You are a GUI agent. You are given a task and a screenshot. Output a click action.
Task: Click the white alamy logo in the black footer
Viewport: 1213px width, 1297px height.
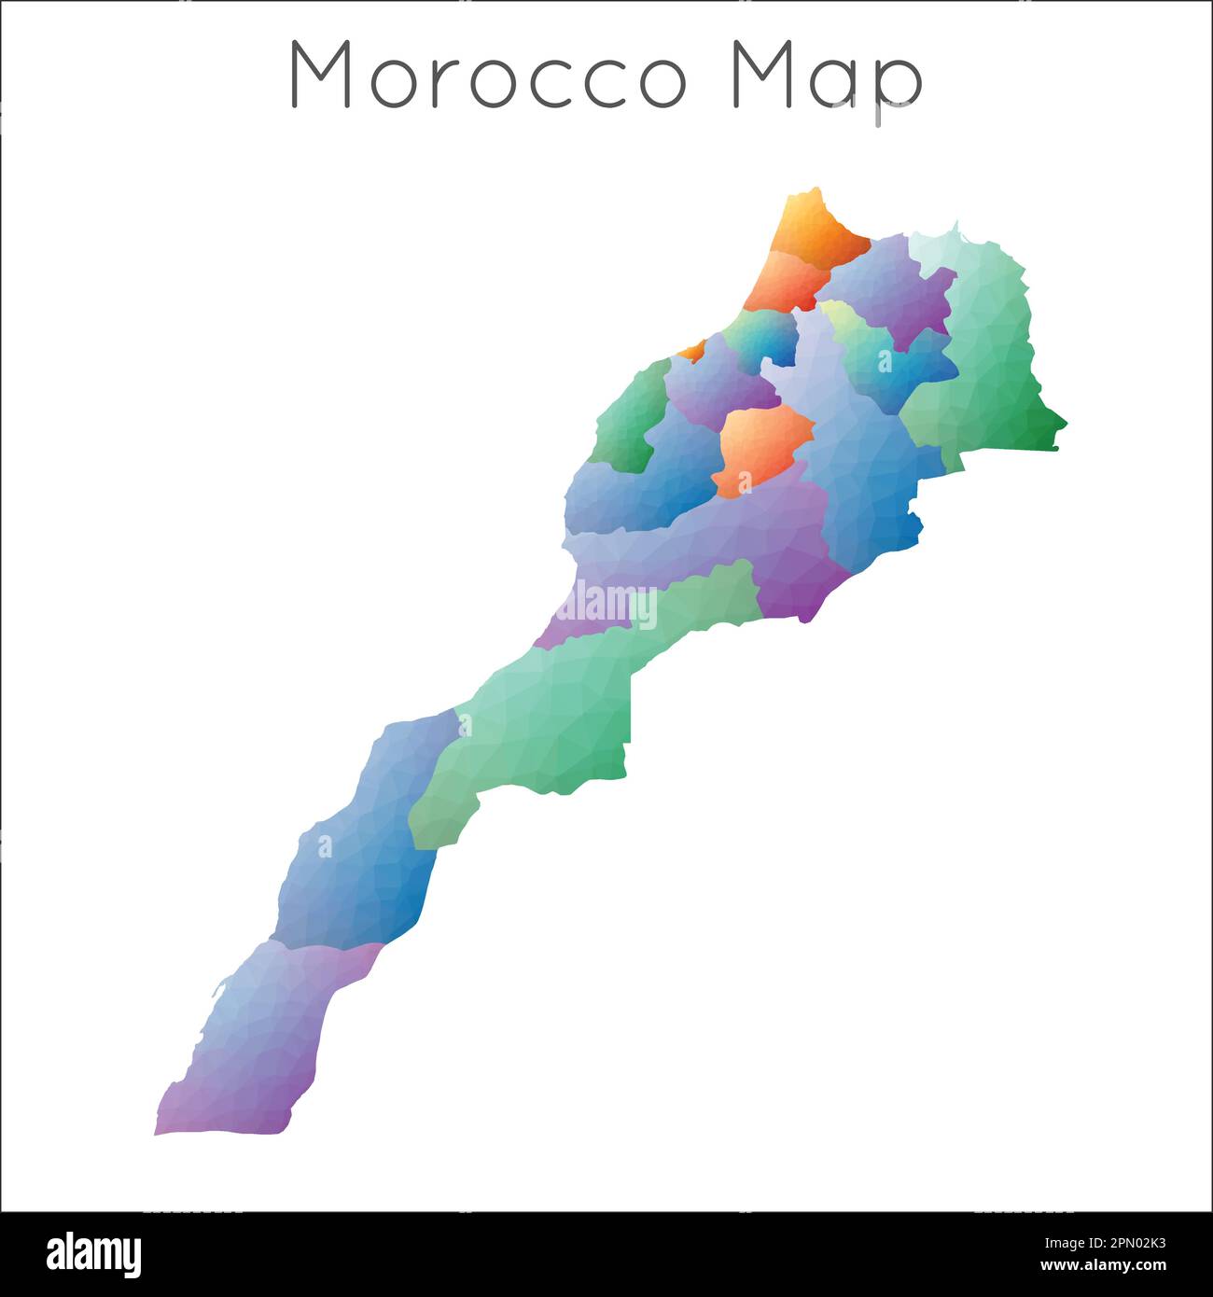(94, 1255)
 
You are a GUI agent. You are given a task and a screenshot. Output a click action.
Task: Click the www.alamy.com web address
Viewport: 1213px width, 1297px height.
(1103, 1266)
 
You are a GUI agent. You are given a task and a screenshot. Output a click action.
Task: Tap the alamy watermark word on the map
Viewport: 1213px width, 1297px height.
(607, 605)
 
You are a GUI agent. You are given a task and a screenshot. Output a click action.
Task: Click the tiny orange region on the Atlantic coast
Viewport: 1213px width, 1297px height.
(692, 351)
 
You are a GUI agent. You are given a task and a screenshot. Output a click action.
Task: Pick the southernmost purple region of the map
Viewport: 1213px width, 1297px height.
(261, 1045)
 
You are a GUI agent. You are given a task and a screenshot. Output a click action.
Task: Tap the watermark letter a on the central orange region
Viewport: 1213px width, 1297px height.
(745, 482)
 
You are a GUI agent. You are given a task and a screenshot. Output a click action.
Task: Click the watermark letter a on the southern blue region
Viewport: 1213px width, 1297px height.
(325, 846)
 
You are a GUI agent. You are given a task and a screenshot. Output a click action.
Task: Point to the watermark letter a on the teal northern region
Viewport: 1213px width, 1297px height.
(884, 361)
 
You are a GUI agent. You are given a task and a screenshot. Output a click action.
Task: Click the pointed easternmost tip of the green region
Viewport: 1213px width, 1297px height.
(1066, 427)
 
